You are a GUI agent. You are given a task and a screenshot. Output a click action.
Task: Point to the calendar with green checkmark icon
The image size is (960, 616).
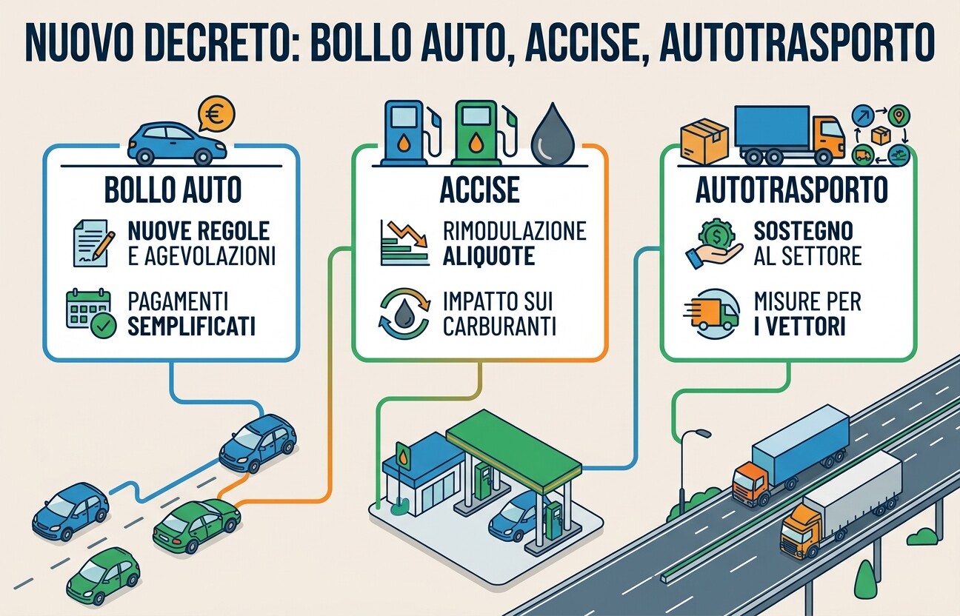pos(91,312)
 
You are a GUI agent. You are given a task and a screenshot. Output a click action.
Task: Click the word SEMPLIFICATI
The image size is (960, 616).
pos(192,327)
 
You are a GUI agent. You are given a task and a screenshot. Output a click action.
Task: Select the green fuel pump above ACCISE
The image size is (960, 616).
pos(482,133)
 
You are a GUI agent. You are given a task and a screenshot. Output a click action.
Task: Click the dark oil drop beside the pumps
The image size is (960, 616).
pos(553,134)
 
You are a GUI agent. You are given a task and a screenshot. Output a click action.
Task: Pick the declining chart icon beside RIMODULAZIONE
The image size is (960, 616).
pos(404,243)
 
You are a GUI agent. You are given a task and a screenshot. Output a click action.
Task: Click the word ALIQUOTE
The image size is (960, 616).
pos(489,256)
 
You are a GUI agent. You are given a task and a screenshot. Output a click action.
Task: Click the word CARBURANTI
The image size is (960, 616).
pos(499,327)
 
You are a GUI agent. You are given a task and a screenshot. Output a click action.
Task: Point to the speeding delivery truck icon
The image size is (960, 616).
pos(711,315)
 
